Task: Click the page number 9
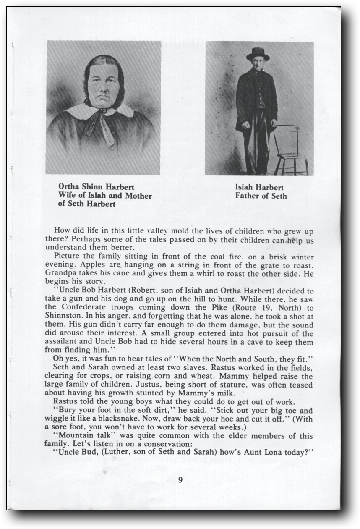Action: [180, 480]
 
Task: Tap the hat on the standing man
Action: [258, 54]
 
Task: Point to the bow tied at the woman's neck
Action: [101, 122]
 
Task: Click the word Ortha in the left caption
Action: [68, 186]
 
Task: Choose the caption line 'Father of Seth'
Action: [261, 196]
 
